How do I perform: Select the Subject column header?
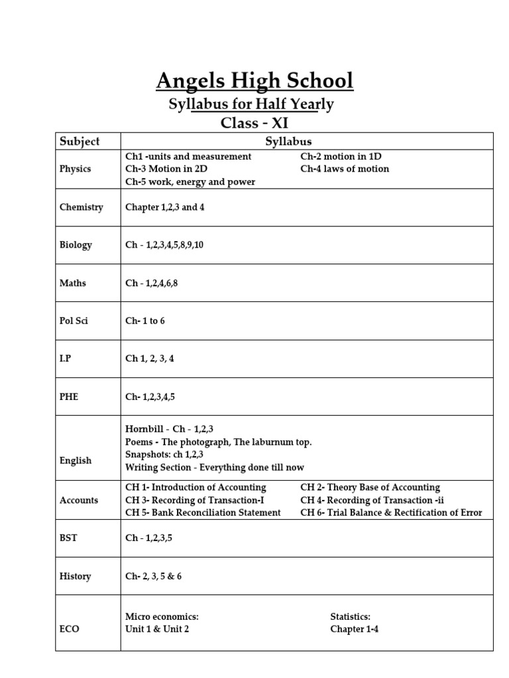[80, 141]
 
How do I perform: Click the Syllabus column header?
[288, 141]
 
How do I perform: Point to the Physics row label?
[76, 169]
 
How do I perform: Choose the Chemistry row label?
[82, 207]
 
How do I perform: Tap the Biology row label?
[76, 245]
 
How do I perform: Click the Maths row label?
[73, 283]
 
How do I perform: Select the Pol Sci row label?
[74, 321]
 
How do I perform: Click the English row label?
[76, 461]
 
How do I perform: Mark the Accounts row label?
[79, 501]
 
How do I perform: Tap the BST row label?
[68, 538]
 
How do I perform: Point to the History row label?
[76, 577]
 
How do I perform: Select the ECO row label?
[70, 629]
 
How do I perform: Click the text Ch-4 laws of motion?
[345, 169]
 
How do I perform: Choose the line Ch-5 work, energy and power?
[190, 182]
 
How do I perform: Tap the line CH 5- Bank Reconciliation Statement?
[203, 513]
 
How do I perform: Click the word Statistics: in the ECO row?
[351, 616]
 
